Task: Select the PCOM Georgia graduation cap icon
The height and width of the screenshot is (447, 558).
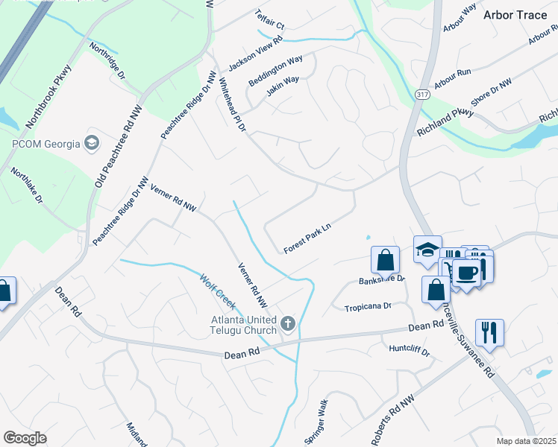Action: [92, 142]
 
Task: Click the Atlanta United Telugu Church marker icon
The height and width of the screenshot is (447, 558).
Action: [288, 323]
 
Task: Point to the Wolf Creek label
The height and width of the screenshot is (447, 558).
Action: [217, 291]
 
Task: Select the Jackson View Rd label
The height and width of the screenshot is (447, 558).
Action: [255, 55]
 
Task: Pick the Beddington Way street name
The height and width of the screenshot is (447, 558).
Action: [275, 70]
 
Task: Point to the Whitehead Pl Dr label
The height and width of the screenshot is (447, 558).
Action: [232, 105]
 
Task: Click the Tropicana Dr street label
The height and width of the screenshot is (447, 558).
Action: [368, 307]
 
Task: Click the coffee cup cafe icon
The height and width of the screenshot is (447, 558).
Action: [468, 273]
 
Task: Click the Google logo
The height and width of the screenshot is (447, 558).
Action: [25, 438]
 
